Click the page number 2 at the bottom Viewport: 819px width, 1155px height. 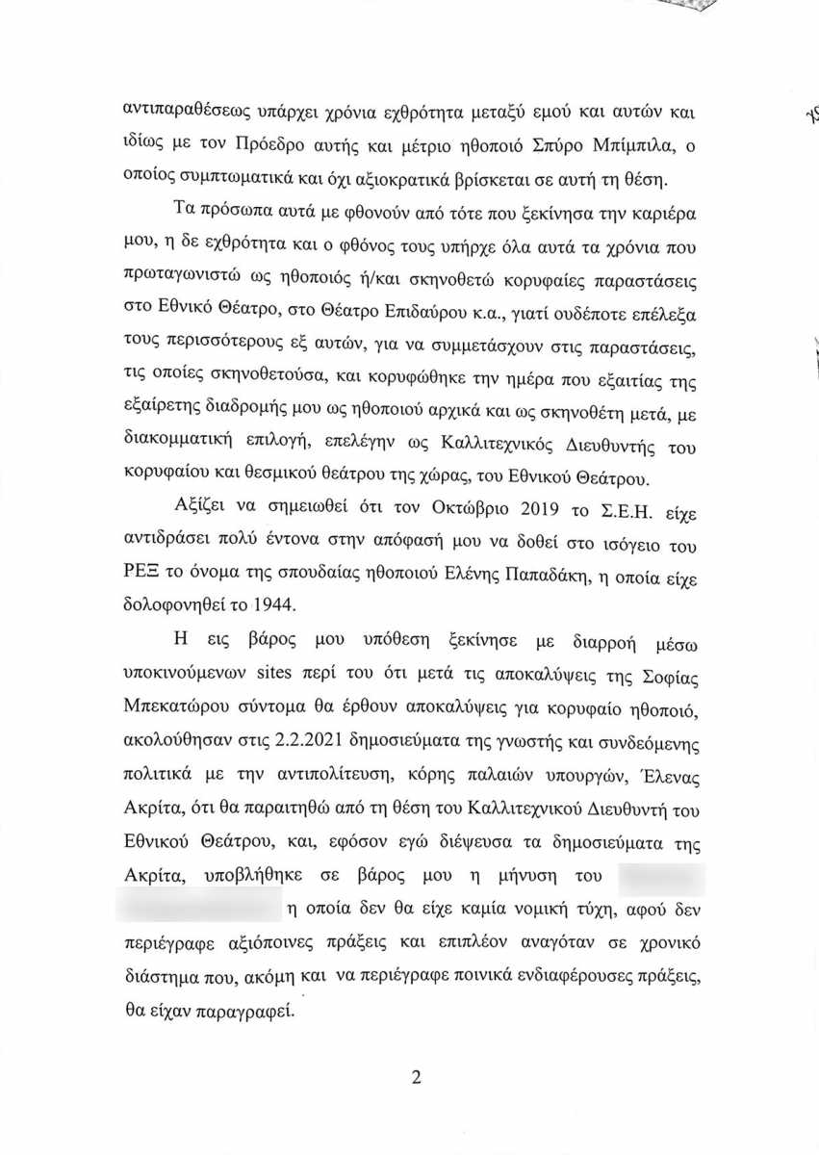point(417,1078)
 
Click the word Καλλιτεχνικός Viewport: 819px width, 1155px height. point(506,448)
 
